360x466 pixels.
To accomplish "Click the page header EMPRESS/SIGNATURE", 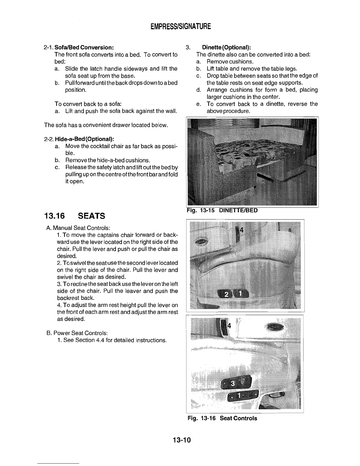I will tap(181, 27).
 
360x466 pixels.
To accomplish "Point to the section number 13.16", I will tap(56, 216).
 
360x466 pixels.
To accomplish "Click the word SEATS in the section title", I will tap(91, 216).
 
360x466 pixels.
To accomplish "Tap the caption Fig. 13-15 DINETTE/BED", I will tap(223, 210).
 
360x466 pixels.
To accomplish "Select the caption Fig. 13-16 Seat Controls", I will tap(222, 418).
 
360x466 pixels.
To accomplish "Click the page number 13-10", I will tap(182, 440).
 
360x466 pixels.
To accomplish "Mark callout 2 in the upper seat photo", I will tap(227, 294).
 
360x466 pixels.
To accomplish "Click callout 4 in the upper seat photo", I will tap(241, 230).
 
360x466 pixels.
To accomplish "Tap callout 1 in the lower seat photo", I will tap(239, 395).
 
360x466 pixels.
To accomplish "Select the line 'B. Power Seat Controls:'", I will tap(77, 333).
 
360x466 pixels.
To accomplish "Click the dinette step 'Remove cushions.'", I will tap(230, 61).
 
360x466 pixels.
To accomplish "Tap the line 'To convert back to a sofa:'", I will tap(88, 104).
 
